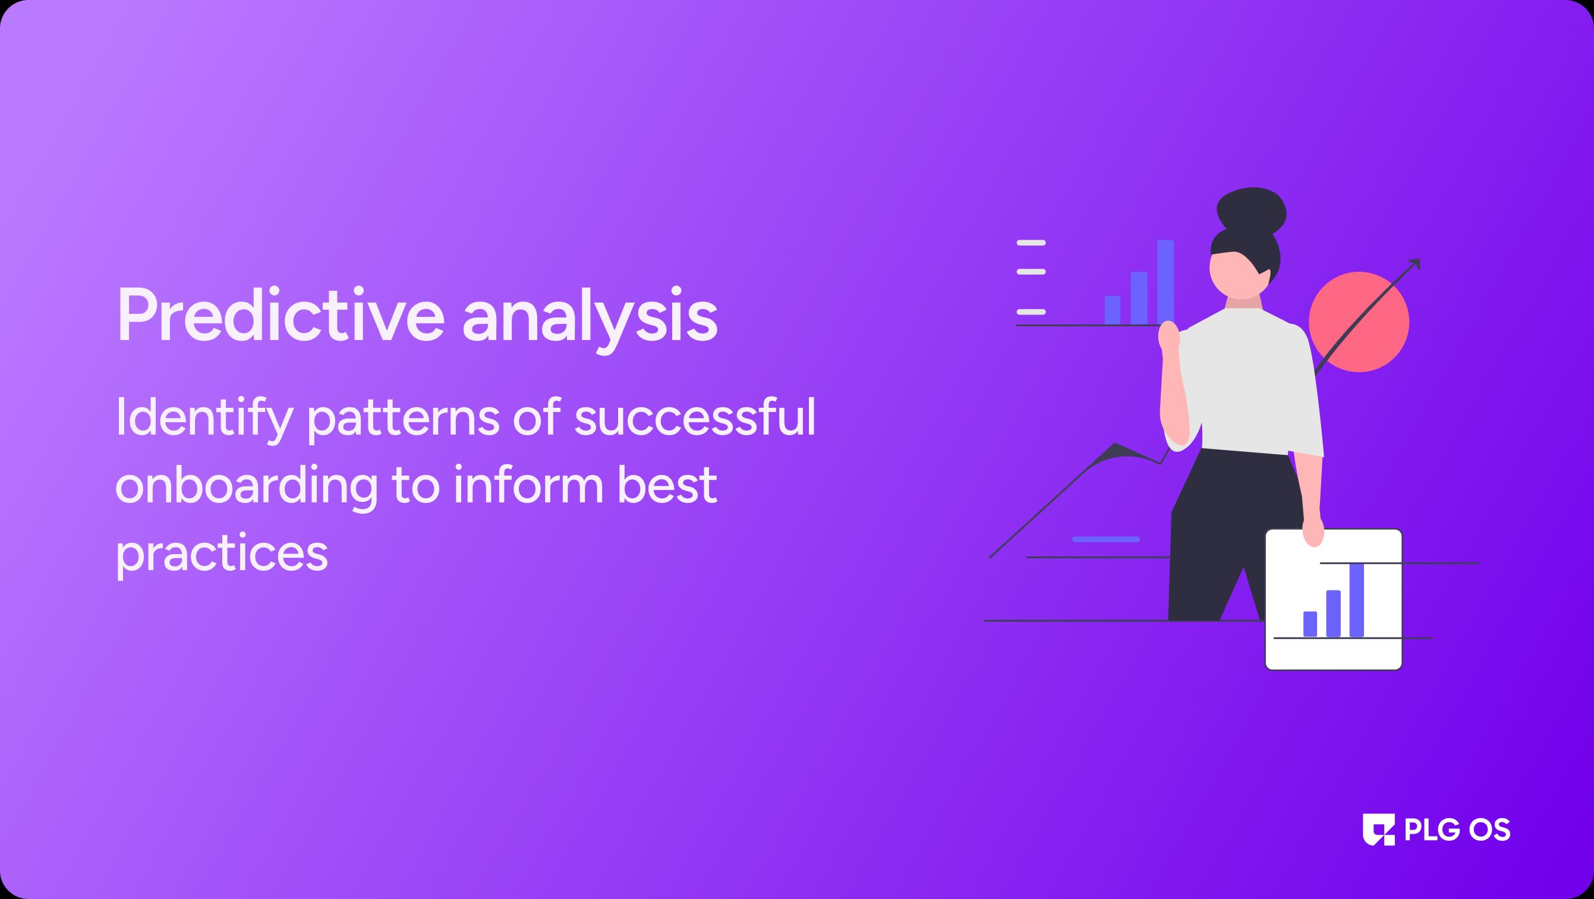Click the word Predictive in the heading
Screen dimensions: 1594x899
click(281, 315)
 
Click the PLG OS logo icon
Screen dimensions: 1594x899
click(1379, 829)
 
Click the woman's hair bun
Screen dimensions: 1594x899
click(1252, 210)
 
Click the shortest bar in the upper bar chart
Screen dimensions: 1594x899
click(1113, 310)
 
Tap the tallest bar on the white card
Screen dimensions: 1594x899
click(1356, 600)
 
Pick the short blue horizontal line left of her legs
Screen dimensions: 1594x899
click(1106, 539)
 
